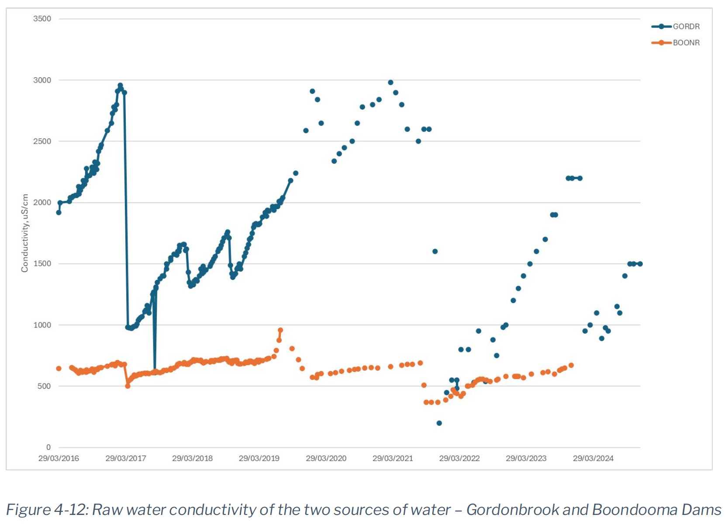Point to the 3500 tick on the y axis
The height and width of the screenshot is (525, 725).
pyautogui.click(x=42, y=19)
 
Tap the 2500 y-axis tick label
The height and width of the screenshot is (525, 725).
pyautogui.click(x=42, y=141)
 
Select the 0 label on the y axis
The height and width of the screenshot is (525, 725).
pyautogui.click(x=48, y=447)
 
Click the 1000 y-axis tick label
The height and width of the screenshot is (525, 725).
pyautogui.click(x=42, y=325)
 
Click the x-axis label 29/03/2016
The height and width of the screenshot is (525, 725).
pyautogui.click(x=59, y=458)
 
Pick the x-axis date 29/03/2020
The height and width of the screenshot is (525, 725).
pyautogui.click(x=326, y=458)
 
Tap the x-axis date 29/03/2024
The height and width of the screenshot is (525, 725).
pyautogui.click(x=593, y=458)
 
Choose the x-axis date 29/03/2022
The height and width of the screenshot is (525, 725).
pyautogui.click(x=459, y=458)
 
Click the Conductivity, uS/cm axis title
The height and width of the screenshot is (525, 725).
pyautogui.click(x=25, y=233)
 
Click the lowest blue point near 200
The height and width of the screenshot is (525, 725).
pyautogui.click(x=439, y=423)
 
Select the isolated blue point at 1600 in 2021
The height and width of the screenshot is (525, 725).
pyautogui.click(x=435, y=251)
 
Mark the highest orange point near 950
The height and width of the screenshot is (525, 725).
pyautogui.click(x=280, y=330)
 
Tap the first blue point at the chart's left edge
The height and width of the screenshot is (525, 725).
pyautogui.click(x=59, y=212)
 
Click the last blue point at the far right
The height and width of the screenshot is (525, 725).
pyautogui.click(x=640, y=264)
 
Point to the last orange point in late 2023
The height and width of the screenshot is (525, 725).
pyautogui.click(x=571, y=365)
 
